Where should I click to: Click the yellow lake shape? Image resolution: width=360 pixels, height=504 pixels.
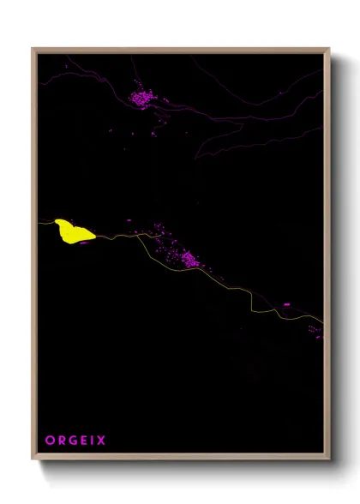73,231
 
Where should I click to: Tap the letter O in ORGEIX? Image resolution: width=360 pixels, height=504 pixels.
49,441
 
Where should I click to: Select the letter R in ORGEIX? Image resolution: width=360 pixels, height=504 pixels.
61,441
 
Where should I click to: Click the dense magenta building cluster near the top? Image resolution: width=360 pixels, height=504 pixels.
141,98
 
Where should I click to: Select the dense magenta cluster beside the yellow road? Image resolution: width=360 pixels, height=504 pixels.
187,258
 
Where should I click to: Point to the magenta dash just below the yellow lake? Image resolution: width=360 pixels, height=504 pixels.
84,243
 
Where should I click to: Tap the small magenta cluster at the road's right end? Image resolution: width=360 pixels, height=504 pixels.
315,331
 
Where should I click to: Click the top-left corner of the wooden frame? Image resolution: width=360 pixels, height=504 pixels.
33,50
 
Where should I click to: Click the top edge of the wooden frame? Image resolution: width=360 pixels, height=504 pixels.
180,50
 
